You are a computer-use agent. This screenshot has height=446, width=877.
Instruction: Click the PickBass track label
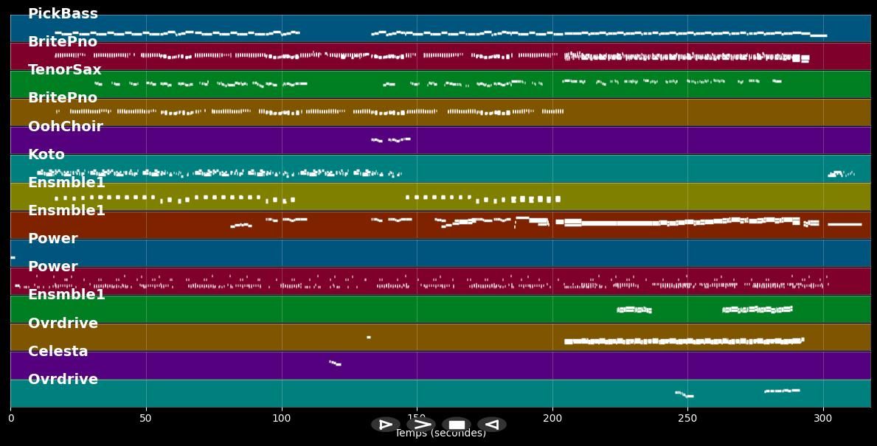click(x=63, y=14)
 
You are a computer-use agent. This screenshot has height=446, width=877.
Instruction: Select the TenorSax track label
click(x=64, y=70)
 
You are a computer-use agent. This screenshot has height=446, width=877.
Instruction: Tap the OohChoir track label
click(x=65, y=127)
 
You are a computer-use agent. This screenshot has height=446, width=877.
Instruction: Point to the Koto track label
click(x=46, y=155)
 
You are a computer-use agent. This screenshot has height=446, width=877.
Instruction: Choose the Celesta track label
click(x=58, y=352)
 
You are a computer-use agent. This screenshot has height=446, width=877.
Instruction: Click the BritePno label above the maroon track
click(x=62, y=42)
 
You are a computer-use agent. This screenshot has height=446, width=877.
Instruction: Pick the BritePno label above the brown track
click(x=62, y=98)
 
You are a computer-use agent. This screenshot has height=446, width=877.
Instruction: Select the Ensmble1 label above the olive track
click(x=66, y=183)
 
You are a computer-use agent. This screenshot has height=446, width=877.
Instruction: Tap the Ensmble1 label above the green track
click(x=66, y=295)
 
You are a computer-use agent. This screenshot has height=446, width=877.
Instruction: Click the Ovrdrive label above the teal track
click(x=63, y=380)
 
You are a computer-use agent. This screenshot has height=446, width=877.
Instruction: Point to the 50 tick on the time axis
click(x=146, y=418)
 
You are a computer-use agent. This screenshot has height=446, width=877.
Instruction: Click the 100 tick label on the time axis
click(x=281, y=418)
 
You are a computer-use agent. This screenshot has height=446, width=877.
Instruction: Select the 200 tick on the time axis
click(x=552, y=418)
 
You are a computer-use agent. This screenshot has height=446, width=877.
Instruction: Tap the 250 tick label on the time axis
click(x=687, y=418)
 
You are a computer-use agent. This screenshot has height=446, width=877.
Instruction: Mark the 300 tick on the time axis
click(x=823, y=418)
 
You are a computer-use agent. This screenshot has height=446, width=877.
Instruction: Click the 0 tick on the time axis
click(x=10, y=418)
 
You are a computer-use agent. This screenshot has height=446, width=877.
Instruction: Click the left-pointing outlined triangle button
click(x=491, y=425)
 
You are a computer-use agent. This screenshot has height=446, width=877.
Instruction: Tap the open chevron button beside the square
click(x=421, y=425)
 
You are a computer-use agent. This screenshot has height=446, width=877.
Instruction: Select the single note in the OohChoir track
click(x=391, y=139)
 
